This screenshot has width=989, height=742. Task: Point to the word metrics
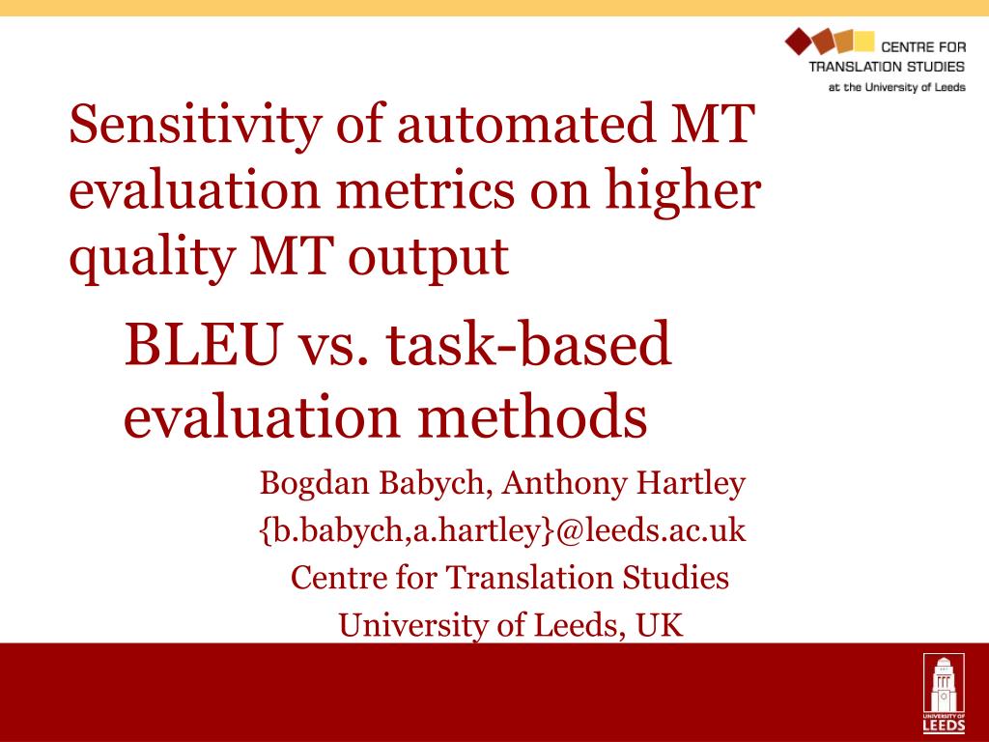click(x=426, y=190)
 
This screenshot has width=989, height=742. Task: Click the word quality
click(x=152, y=259)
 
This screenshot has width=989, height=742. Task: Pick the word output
click(x=429, y=260)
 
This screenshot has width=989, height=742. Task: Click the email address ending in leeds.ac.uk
click(x=502, y=530)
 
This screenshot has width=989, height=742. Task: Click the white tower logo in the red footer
click(x=944, y=693)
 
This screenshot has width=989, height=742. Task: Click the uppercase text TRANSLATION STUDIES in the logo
click(x=887, y=67)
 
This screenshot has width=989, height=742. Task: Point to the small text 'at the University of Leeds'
click(x=897, y=87)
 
